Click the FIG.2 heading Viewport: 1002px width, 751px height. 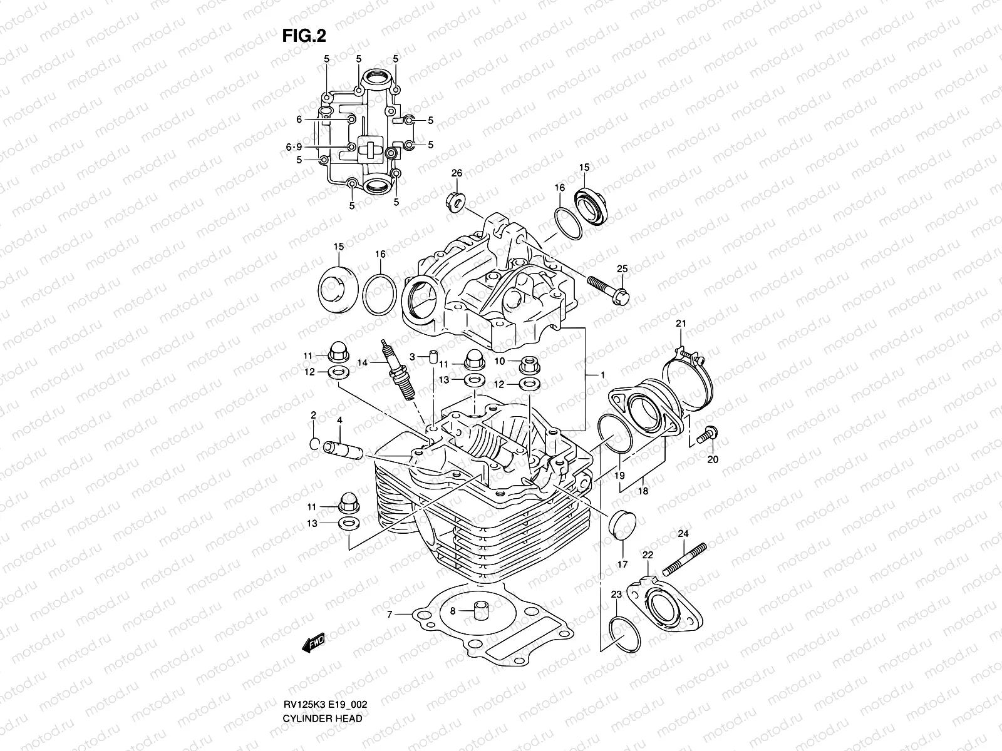(x=304, y=36)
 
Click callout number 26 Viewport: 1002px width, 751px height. (x=457, y=173)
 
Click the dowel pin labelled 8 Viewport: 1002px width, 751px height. (x=481, y=611)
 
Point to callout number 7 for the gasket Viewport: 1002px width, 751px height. (x=389, y=615)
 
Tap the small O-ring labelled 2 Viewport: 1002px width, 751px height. (x=315, y=444)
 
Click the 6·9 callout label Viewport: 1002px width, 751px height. (x=294, y=147)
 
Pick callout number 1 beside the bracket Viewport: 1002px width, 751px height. (x=602, y=375)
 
